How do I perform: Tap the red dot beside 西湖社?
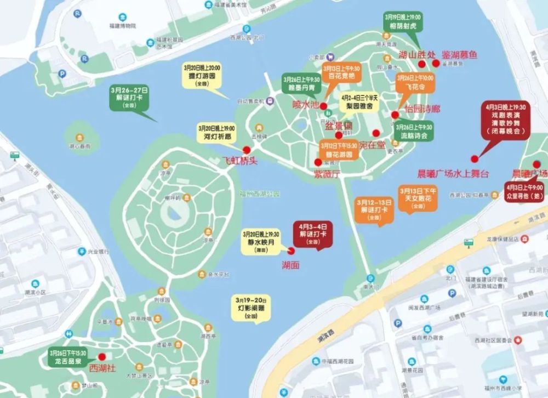click(102, 357)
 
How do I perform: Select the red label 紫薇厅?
click(327, 174)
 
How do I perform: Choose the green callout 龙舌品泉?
click(68, 357)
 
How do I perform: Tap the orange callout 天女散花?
click(419, 198)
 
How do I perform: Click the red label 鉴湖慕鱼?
click(460, 55)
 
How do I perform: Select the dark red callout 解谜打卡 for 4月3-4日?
click(313, 233)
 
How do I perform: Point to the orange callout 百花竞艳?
click(341, 72)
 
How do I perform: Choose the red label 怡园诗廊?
click(423, 109)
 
